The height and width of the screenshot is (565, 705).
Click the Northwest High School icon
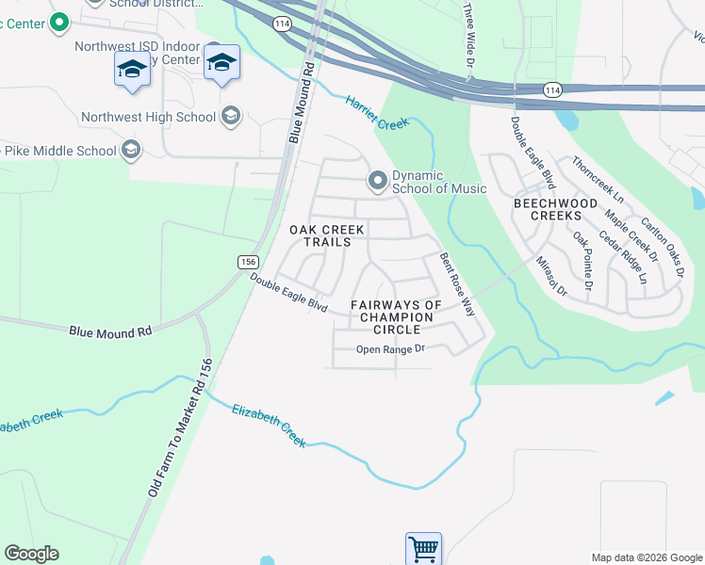coord(229,117)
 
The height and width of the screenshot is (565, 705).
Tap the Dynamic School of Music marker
coord(378,180)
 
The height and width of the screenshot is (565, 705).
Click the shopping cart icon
coord(423,548)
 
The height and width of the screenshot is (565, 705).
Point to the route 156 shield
coord(247,262)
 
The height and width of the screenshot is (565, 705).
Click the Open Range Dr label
coord(391,349)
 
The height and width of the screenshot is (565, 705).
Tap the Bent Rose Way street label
coord(457,282)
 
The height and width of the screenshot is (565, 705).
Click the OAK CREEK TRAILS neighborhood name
coord(320,235)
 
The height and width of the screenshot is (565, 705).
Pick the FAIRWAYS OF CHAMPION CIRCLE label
coord(396,311)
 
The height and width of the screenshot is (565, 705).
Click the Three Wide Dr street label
coord(468,28)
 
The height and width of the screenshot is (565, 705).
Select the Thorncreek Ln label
coord(598,180)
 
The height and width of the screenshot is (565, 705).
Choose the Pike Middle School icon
coord(130,150)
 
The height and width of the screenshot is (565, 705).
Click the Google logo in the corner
coord(31,554)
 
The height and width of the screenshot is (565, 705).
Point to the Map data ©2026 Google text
coord(647,557)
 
